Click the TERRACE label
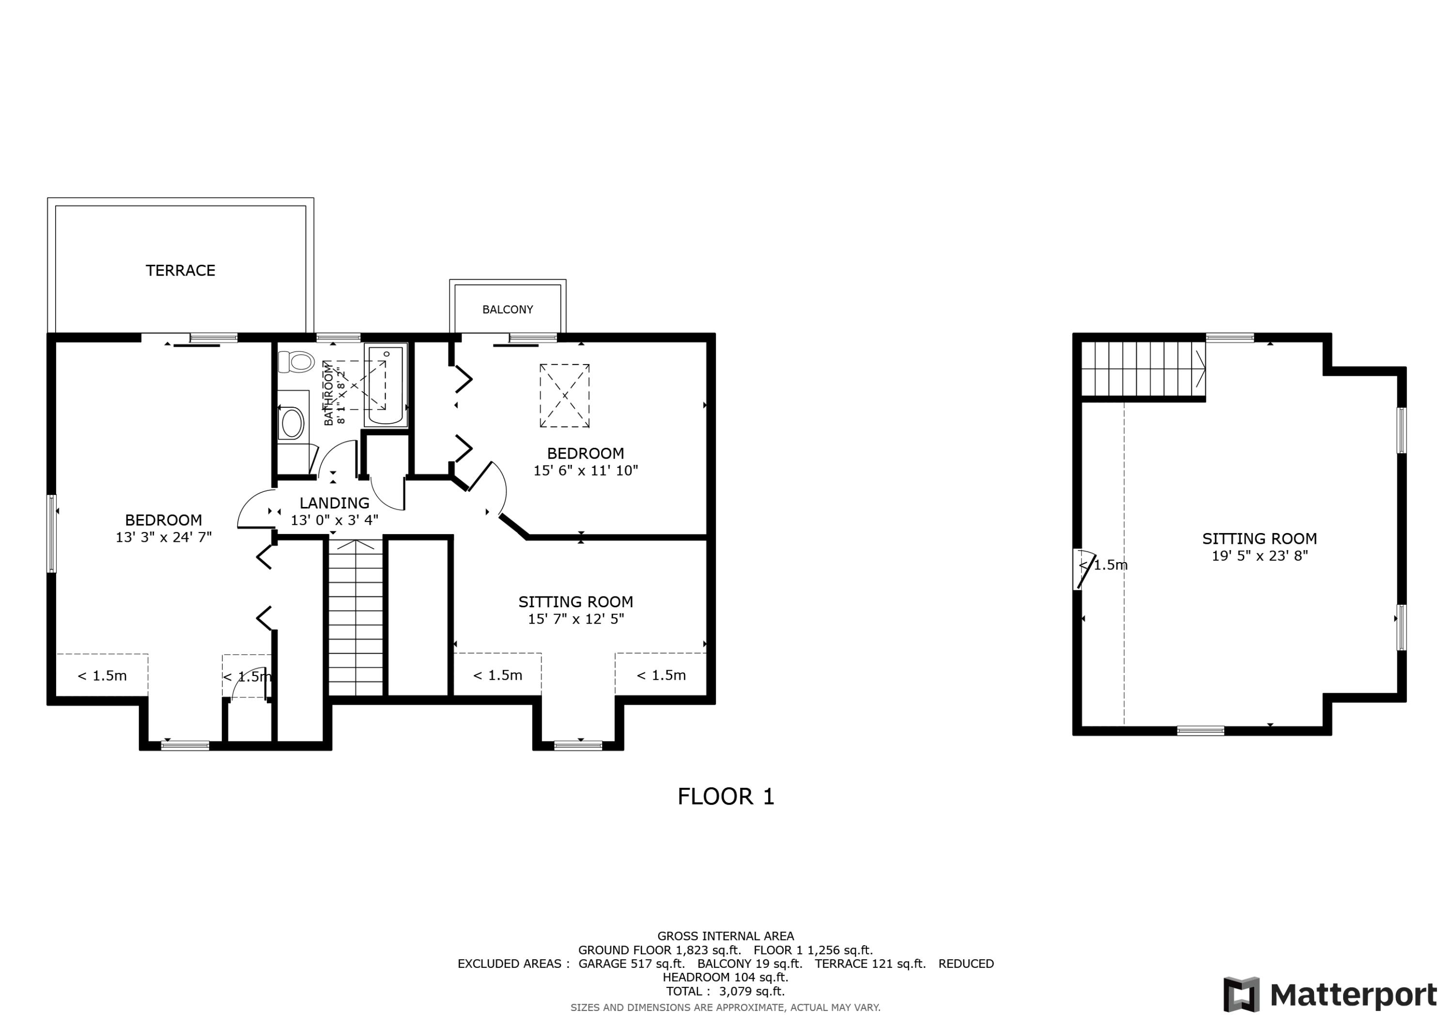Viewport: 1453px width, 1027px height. click(x=180, y=271)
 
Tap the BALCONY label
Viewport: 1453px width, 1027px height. click(x=508, y=309)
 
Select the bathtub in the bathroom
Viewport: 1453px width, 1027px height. click(x=386, y=385)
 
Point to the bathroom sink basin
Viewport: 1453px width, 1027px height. click(x=293, y=423)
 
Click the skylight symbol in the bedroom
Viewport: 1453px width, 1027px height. click(x=565, y=396)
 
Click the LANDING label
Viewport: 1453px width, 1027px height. click(x=334, y=503)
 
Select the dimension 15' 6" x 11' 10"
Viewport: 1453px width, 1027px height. click(x=586, y=470)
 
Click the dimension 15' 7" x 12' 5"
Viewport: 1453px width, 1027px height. click(x=576, y=619)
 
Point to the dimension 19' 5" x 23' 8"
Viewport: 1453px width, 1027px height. click(x=1259, y=555)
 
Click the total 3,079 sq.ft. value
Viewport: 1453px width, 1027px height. click(x=751, y=991)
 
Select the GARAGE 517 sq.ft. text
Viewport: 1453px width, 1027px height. click(x=631, y=964)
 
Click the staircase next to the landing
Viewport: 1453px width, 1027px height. click(x=356, y=617)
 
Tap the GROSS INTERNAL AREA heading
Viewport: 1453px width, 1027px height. click(x=725, y=936)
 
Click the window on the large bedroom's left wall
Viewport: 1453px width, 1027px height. click(x=52, y=534)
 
